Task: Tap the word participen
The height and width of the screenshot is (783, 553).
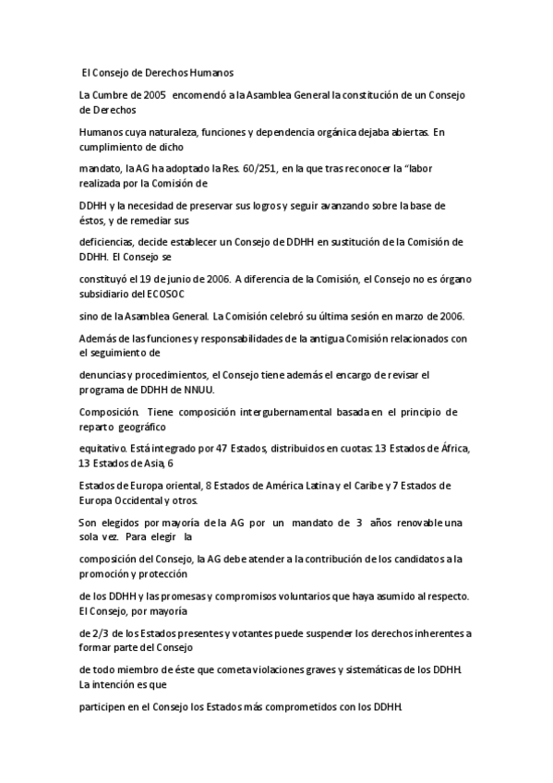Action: (104, 706)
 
